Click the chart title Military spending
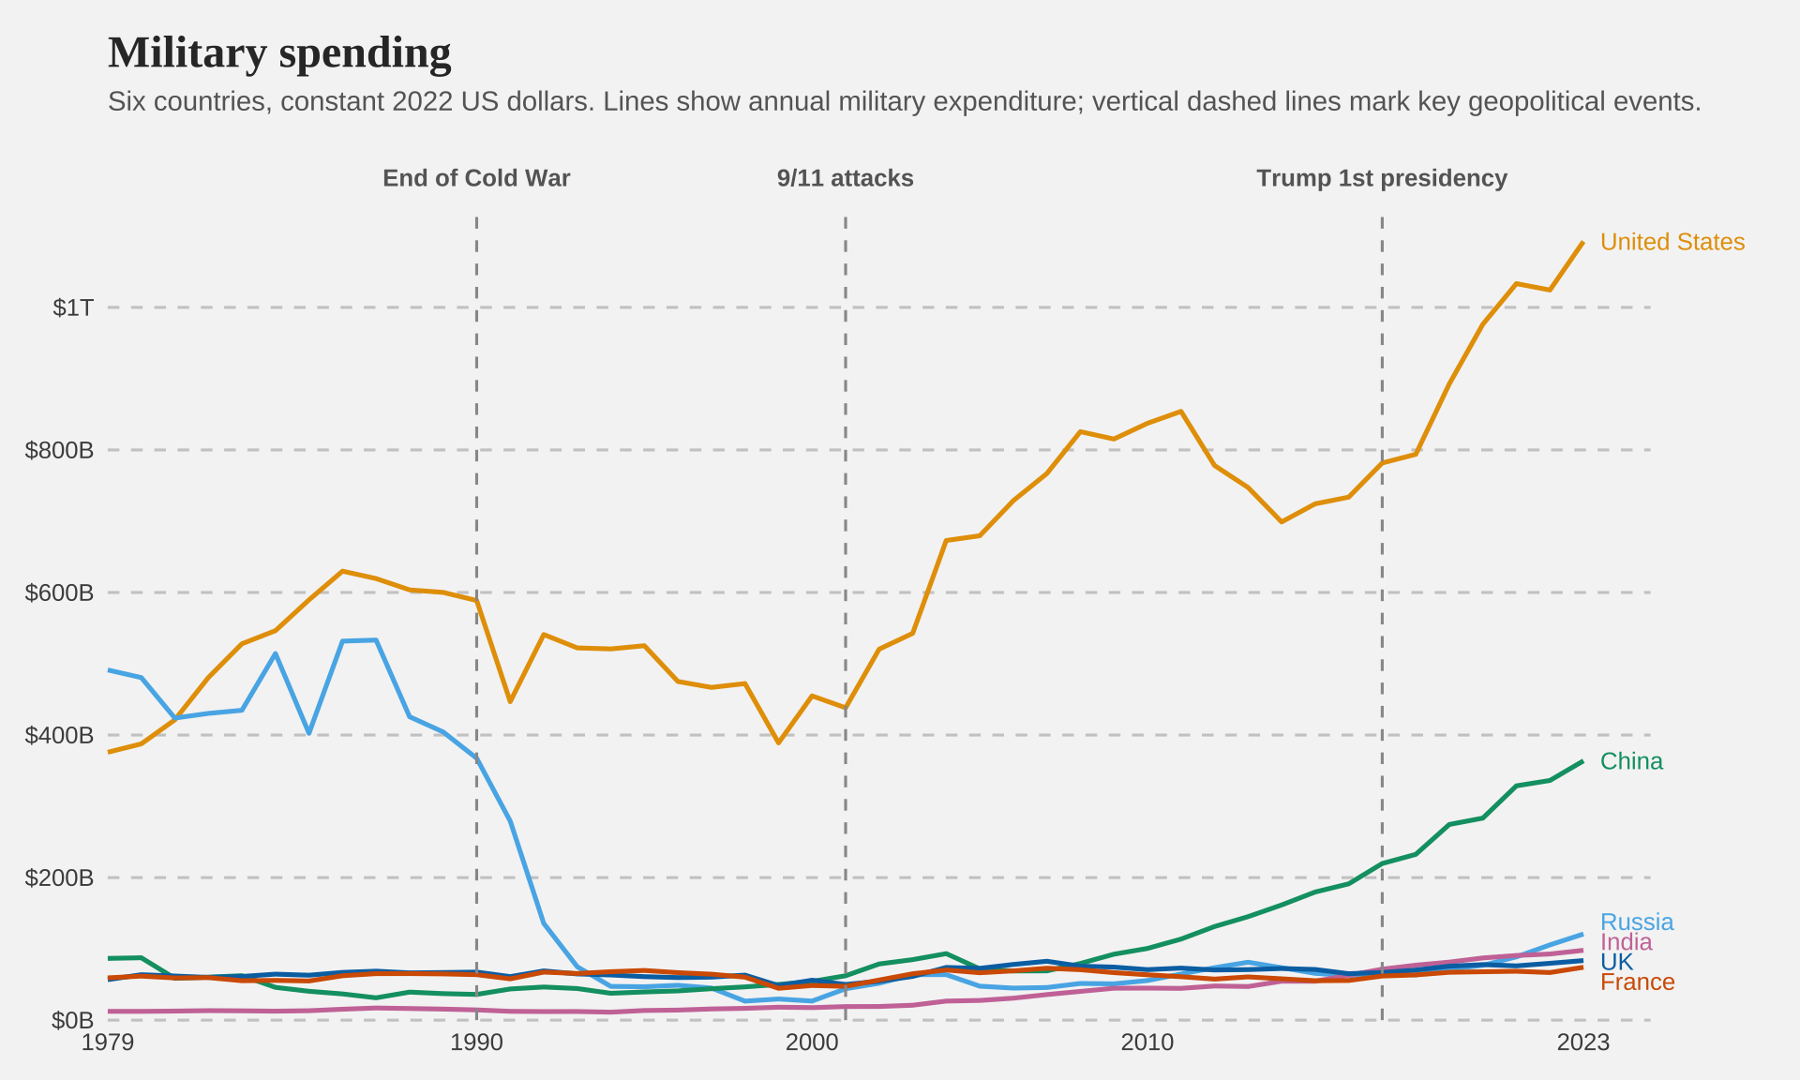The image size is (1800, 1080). pyautogui.click(x=279, y=53)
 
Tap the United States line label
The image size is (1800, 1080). pyautogui.click(x=1672, y=242)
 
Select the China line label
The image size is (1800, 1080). pyautogui.click(x=1631, y=761)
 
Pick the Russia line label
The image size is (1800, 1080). pyautogui.click(x=1636, y=922)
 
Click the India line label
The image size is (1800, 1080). pyautogui.click(x=1626, y=942)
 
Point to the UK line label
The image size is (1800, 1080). pyautogui.click(x=1616, y=962)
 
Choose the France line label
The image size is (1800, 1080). pyautogui.click(x=1637, y=982)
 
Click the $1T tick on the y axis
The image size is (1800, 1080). pyautogui.click(x=73, y=307)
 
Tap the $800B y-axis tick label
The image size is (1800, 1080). pyautogui.click(x=59, y=450)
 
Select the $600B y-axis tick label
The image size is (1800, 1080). pyautogui.click(x=59, y=592)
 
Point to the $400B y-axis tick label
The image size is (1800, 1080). pyautogui.click(x=59, y=735)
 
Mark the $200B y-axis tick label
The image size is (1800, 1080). pyautogui.click(x=59, y=877)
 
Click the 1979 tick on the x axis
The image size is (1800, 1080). pyautogui.click(x=108, y=1042)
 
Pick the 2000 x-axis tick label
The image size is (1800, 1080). pyautogui.click(x=812, y=1042)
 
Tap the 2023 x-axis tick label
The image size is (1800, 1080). pyautogui.click(x=1582, y=1042)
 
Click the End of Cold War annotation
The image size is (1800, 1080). pyautogui.click(x=476, y=178)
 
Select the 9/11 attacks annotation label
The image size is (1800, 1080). pyautogui.click(x=845, y=178)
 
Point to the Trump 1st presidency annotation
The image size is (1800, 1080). pyautogui.click(x=1382, y=178)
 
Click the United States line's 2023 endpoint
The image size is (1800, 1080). pyautogui.click(x=1582, y=242)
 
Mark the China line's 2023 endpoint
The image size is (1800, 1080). pyautogui.click(x=1582, y=761)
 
